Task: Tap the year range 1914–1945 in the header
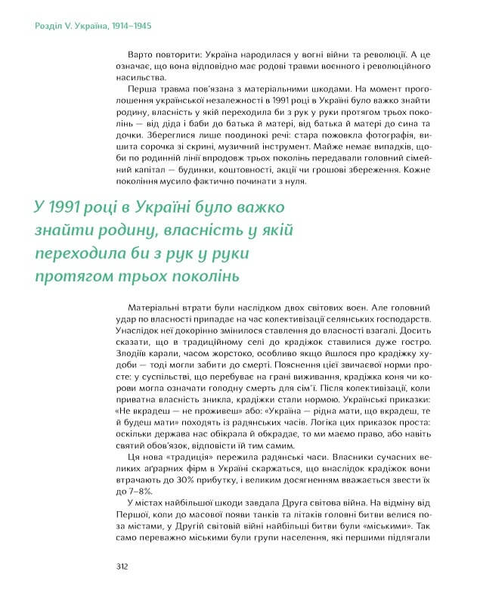pyautogui.click(x=132, y=26)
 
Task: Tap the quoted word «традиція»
pyautogui.click(x=206, y=457)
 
